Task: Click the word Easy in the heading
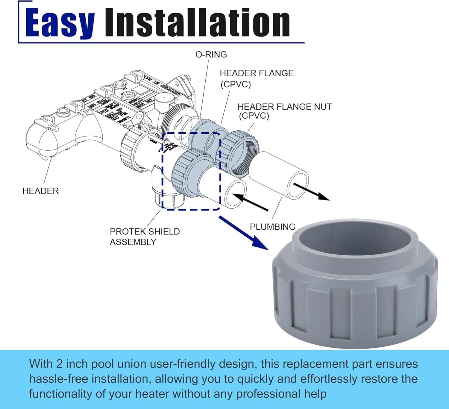[x=60, y=22]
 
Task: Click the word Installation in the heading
[x=197, y=22]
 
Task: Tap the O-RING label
[x=211, y=54]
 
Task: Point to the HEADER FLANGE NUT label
[x=284, y=107]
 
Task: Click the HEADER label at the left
[x=41, y=191]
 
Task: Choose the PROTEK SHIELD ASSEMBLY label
[x=145, y=237]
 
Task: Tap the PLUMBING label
[x=272, y=227]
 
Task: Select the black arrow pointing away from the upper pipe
[x=311, y=192]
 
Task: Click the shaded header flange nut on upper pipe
[x=238, y=153]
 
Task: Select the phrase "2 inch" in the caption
[x=72, y=364]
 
